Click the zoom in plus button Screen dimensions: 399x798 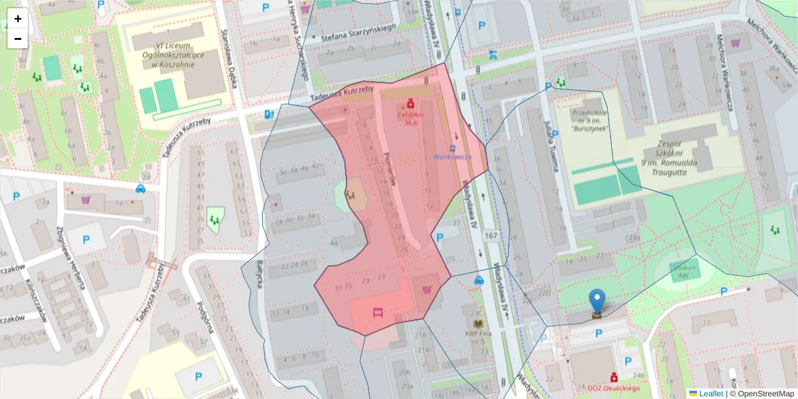coord(18,19)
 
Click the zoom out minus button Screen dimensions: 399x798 coord(18,39)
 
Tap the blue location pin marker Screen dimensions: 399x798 coord(598,302)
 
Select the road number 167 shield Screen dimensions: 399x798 coord(491,236)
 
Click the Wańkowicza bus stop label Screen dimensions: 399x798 coord(452,157)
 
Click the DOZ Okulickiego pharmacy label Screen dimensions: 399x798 coord(613,388)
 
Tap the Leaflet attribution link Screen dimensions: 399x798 coord(710,394)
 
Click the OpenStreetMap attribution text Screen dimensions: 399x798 coord(761,394)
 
